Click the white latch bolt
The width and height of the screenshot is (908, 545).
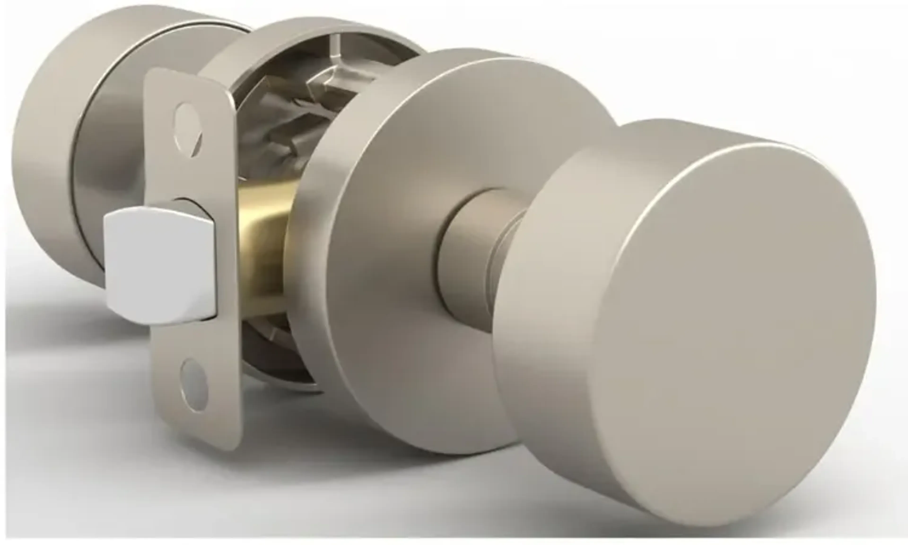click(x=158, y=264)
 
